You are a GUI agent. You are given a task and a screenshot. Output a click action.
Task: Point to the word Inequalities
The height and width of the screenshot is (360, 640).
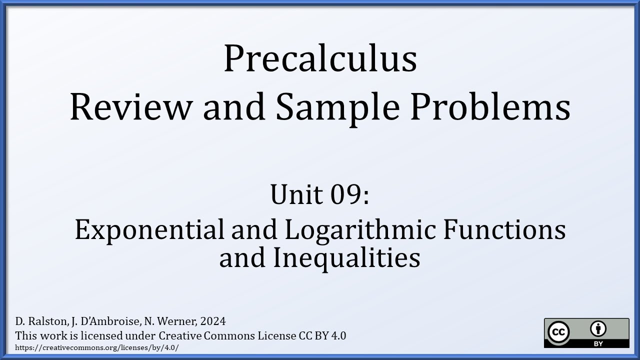346,258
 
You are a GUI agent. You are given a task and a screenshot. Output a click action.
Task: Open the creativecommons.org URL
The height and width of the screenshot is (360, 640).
97,347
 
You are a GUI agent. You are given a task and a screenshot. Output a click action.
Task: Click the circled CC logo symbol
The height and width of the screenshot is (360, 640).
559,332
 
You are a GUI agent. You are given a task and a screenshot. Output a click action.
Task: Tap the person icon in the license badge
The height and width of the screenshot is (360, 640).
598,329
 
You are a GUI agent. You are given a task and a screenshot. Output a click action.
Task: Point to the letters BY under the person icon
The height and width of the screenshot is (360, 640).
598,343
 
